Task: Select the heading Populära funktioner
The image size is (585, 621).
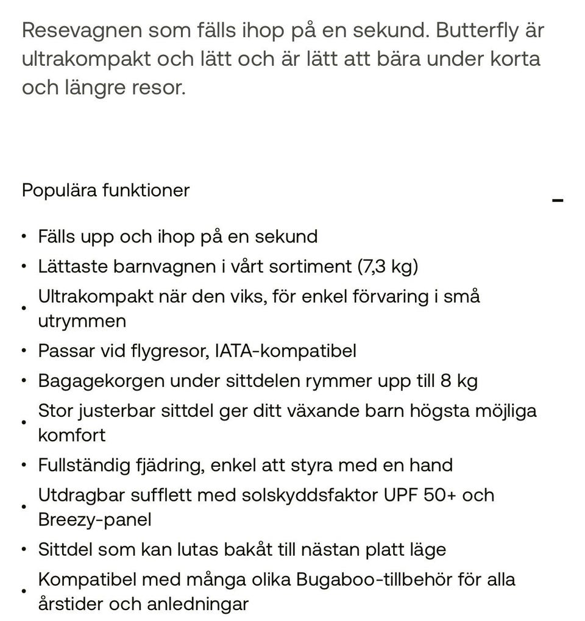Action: [x=105, y=190]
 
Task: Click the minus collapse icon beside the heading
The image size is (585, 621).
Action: [x=557, y=200]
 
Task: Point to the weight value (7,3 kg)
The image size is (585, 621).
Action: [x=388, y=266]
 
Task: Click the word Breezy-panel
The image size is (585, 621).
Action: [x=94, y=520]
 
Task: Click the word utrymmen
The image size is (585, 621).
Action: [x=82, y=321]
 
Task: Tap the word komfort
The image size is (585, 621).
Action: [x=71, y=435]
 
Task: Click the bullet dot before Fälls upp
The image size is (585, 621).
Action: [x=24, y=236]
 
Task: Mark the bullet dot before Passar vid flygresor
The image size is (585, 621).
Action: [x=24, y=351]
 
